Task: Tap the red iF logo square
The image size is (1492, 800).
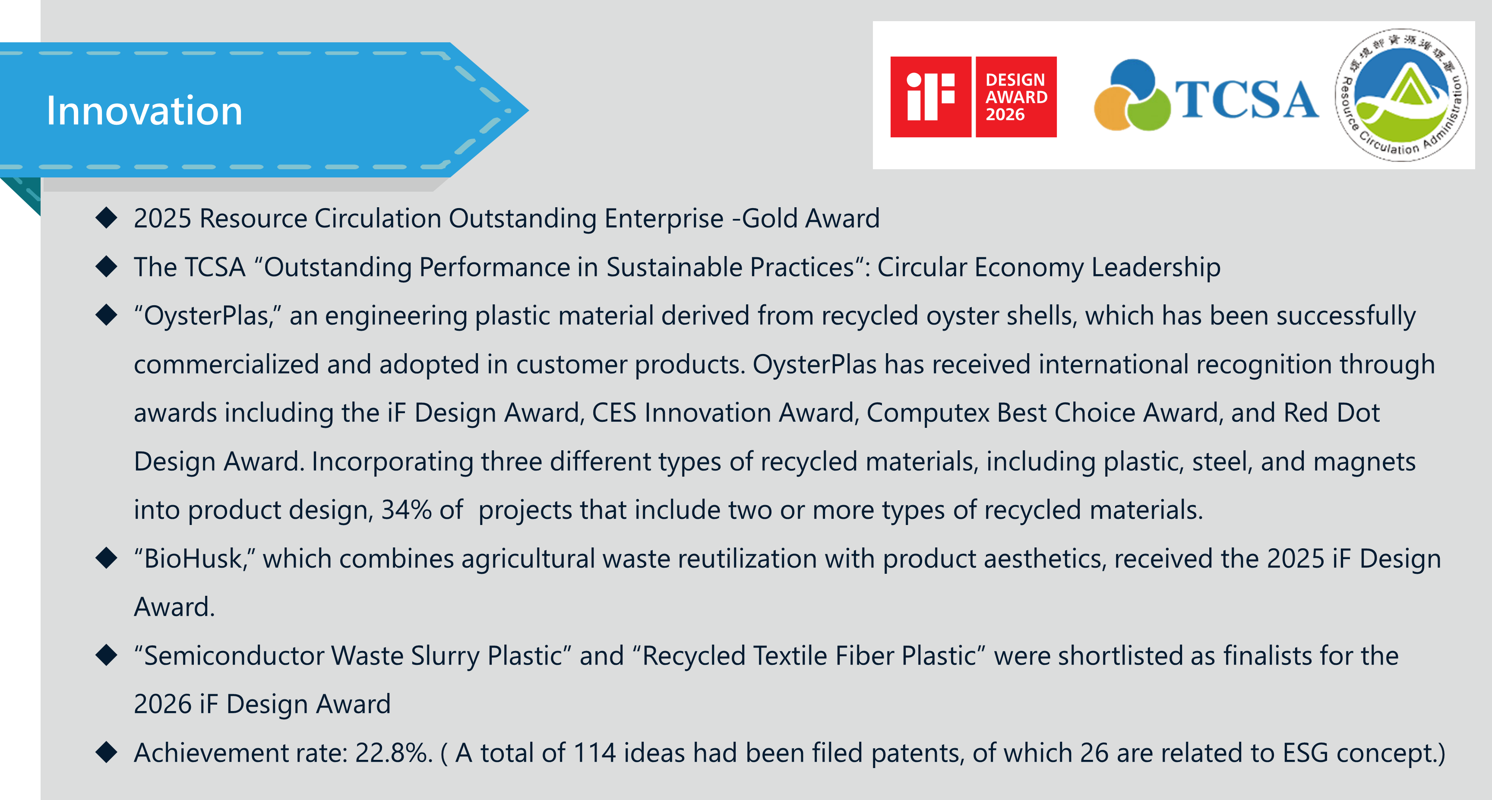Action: tap(930, 97)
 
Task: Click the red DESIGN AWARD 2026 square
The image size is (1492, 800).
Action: tap(1016, 97)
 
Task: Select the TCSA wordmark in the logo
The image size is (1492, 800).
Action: tap(1246, 99)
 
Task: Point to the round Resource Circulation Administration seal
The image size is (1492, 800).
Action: tap(1402, 95)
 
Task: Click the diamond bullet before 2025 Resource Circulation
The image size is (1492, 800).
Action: tap(107, 218)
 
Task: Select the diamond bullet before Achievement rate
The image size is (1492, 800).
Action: tap(107, 752)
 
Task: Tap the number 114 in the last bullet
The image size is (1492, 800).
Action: tap(594, 753)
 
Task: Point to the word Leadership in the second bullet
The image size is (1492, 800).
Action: tap(1156, 268)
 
